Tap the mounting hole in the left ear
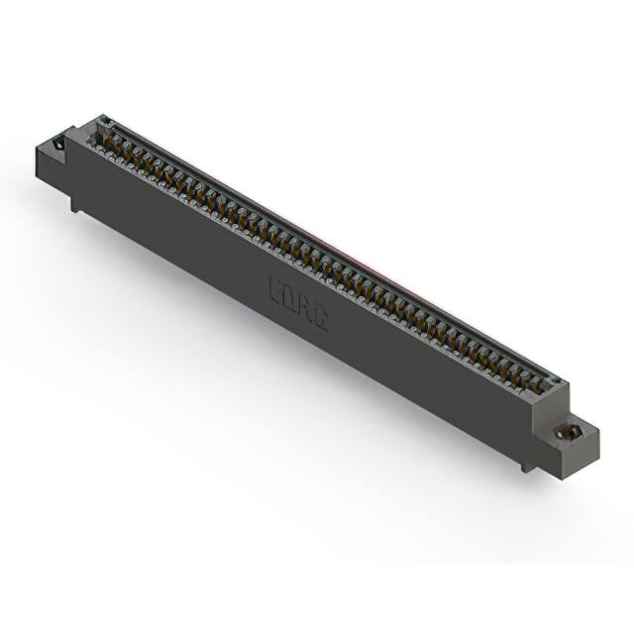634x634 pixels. [x=58, y=146]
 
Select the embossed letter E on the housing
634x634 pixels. [x=276, y=286]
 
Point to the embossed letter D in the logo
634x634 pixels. [x=292, y=295]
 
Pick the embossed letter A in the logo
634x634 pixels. [x=307, y=304]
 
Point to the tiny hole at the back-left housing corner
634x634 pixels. [x=101, y=122]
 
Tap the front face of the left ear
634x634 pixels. [x=50, y=167]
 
